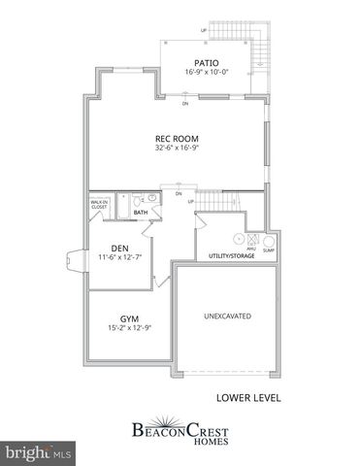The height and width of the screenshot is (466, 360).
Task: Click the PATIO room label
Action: (x=204, y=63)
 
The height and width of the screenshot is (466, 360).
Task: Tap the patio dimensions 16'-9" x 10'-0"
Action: (x=204, y=72)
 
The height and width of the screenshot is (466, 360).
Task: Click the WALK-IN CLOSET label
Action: (x=99, y=205)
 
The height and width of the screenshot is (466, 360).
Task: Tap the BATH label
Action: (x=141, y=212)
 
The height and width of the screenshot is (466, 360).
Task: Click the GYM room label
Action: (x=129, y=318)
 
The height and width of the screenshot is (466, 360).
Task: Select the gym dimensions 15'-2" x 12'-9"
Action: (x=129, y=328)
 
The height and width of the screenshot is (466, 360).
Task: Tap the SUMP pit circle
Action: (x=269, y=241)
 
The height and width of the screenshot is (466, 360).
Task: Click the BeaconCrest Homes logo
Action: (x=180, y=429)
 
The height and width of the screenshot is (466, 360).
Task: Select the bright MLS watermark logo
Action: (x=39, y=452)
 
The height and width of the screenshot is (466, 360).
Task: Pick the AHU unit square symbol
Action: (x=251, y=240)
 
